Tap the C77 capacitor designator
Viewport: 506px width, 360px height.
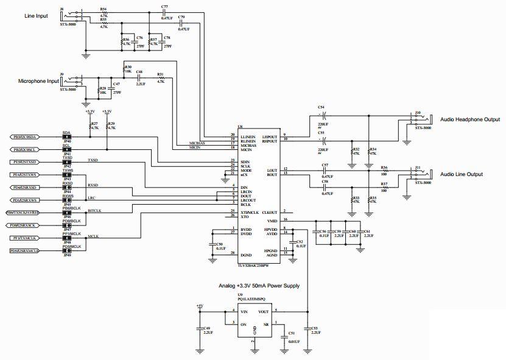tap(164, 7)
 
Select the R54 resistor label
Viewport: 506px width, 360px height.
tap(103, 9)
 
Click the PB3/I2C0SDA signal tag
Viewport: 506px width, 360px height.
tap(26, 138)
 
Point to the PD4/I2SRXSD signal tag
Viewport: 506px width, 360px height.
tap(24, 188)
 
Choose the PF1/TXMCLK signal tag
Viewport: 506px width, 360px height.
tap(24, 238)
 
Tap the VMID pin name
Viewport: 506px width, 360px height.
tap(272, 220)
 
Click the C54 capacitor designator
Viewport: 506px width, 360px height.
tap(321, 107)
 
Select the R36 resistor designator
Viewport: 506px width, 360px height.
tap(384, 167)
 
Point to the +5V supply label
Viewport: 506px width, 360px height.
tap(200, 306)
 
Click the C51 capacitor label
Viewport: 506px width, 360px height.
tap(292, 334)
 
